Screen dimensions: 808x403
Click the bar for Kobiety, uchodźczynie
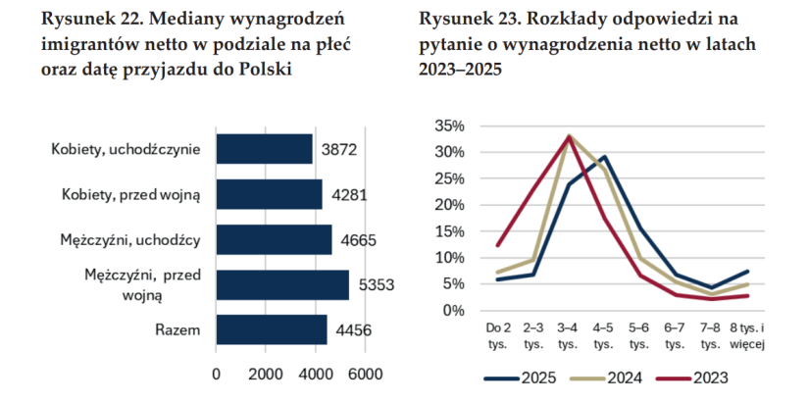point(265,149)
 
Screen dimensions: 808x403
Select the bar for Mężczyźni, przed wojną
point(282,284)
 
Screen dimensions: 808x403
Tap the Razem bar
point(272,329)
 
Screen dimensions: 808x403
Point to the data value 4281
point(349,195)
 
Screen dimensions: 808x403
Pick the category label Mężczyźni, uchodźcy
point(129,239)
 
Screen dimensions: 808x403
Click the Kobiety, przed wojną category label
point(130,195)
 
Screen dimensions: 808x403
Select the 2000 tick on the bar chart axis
point(266,374)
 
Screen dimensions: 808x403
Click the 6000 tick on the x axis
point(366,374)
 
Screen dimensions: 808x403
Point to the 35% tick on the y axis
point(450,126)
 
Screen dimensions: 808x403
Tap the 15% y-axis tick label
point(450,231)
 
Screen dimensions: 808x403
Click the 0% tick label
point(454,310)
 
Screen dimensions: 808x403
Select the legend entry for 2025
point(521,378)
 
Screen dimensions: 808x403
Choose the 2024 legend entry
point(607,378)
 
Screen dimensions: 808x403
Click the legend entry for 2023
point(692,378)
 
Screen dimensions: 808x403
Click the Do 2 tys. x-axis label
point(497,336)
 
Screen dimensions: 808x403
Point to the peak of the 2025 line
point(604,157)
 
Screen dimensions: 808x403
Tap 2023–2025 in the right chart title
point(460,69)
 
